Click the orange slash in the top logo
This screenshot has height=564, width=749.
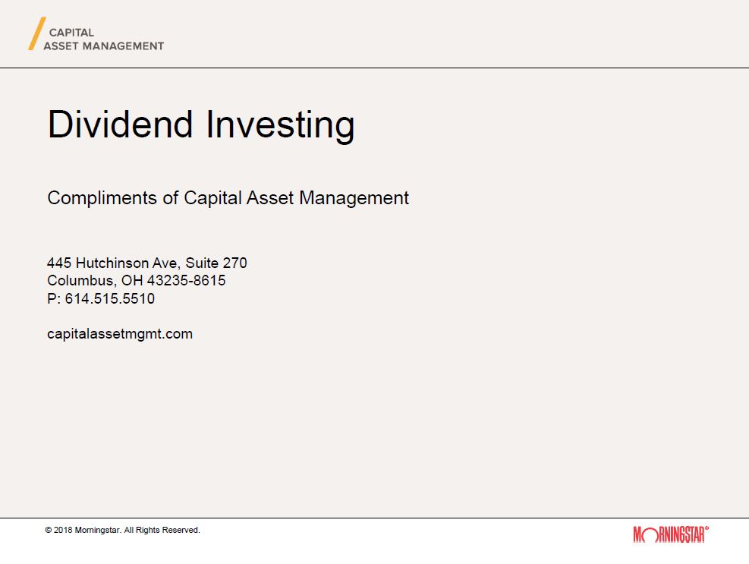coord(37,33)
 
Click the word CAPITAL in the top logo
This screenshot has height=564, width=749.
coord(71,33)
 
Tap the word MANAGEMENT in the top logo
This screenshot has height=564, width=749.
coord(123,46)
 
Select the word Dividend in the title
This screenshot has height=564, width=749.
coord(120,124)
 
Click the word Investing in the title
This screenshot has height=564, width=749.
coord(280,125)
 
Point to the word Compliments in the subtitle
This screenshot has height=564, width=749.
coord(102,198)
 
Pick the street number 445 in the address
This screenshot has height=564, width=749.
coord(59,263)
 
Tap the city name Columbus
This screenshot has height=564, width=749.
coord(82,281)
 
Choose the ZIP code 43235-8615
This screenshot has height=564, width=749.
coord(186,281)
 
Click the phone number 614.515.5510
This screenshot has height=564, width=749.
coord(110,299)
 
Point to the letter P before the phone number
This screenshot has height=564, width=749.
coord(52,299)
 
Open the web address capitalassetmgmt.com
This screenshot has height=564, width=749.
coord(120,334)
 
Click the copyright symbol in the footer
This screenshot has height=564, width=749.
coord(49,530)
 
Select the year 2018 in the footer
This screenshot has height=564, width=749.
coord(63,530)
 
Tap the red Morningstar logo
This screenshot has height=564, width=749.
coord(671,534)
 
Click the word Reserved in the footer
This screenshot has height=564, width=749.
coord(181,530)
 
